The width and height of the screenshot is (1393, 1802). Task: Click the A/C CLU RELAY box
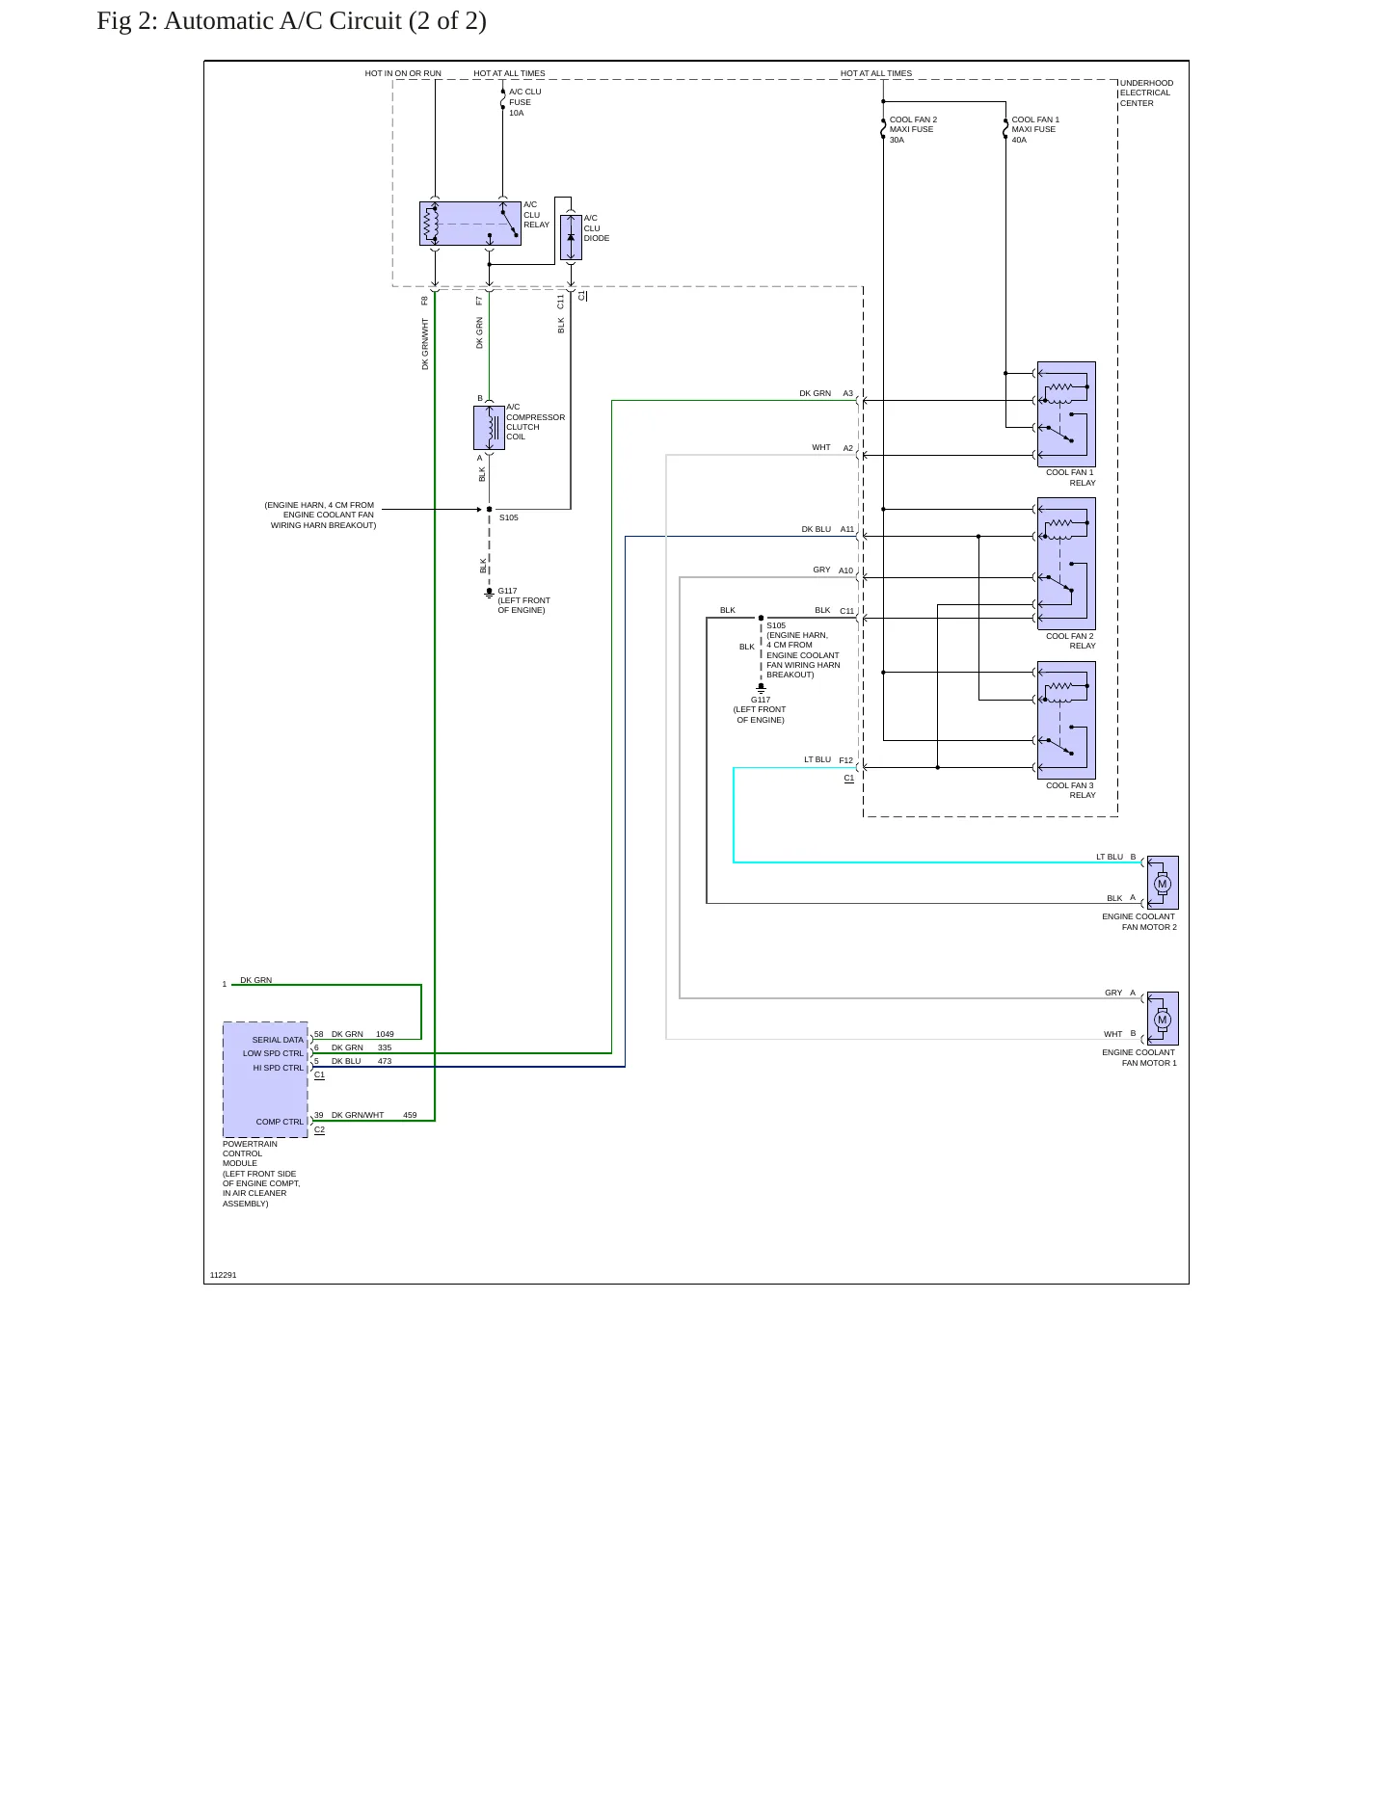pos(470,224)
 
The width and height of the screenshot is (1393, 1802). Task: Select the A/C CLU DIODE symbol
pos(571,237)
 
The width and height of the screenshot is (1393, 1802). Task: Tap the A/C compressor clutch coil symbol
pos(489,428)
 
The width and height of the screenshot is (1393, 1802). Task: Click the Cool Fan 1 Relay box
pos(1066,414)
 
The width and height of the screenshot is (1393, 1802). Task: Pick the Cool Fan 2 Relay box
pos(1066,564)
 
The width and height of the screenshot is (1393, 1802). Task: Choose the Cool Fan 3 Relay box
pos(1066,720)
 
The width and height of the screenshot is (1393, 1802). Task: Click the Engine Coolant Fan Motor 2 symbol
pos(1163,883)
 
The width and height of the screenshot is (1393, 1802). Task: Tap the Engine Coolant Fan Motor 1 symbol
pos(1163,1019)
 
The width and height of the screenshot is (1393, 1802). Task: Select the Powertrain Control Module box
pos(265,1080)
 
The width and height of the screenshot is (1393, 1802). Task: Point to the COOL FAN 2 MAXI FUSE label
pos(913,130)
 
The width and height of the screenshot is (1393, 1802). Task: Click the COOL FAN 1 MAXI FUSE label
pos(1035,130)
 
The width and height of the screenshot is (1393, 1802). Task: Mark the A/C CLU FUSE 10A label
pos(525,102)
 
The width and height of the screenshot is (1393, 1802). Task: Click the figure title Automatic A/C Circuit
pos(291,20)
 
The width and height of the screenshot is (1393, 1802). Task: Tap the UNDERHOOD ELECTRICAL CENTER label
pos(1147,93)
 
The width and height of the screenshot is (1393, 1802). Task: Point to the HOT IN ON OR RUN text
pos(403,73)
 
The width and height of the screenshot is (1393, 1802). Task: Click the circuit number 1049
pos(385,1034)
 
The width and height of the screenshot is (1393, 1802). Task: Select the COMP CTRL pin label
pos(280,1122)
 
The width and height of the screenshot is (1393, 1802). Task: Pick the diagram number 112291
pos(223,1275)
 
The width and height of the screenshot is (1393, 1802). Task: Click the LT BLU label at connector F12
pos(817,759)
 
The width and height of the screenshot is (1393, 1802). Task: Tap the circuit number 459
pos(410,1115)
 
